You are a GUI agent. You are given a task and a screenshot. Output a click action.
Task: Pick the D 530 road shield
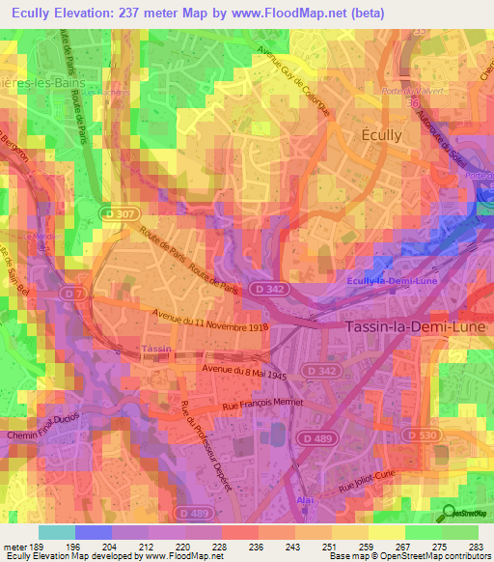click(424, 436)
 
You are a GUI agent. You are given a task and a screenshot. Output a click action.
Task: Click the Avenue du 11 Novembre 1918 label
click(208, 320)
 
